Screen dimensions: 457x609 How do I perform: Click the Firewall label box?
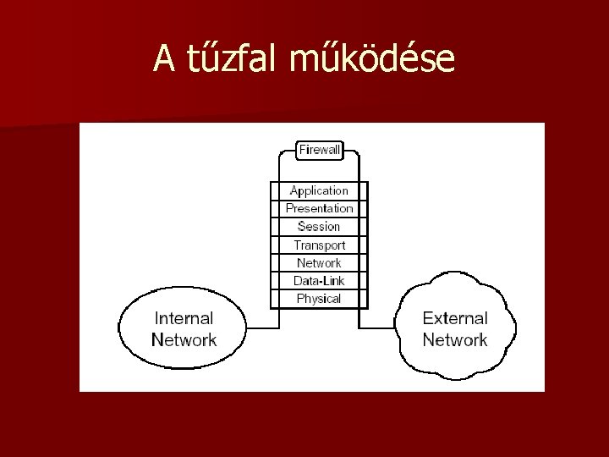[319, 150]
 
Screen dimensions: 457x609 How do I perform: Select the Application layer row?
[319, 190]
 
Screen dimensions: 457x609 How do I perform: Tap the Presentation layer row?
[319, 208]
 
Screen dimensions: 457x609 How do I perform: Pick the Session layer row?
[319, 227]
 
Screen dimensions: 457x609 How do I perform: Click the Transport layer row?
[319, 245]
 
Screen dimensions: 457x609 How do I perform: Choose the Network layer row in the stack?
[319, 263]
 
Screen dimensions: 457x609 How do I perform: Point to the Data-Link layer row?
[319, 281]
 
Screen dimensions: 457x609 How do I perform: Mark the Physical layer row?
[319, 299]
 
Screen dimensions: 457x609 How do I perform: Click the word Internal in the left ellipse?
[184, 319]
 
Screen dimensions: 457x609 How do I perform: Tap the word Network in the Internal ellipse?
[184, 340]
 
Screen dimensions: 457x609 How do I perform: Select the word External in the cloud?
[455, 319]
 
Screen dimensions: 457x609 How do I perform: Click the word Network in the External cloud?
[455, 340]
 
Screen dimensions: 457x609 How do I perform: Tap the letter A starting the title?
[164, 58]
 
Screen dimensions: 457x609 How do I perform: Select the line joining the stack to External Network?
[379, 328]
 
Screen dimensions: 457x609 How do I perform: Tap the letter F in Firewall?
[303, 150]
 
